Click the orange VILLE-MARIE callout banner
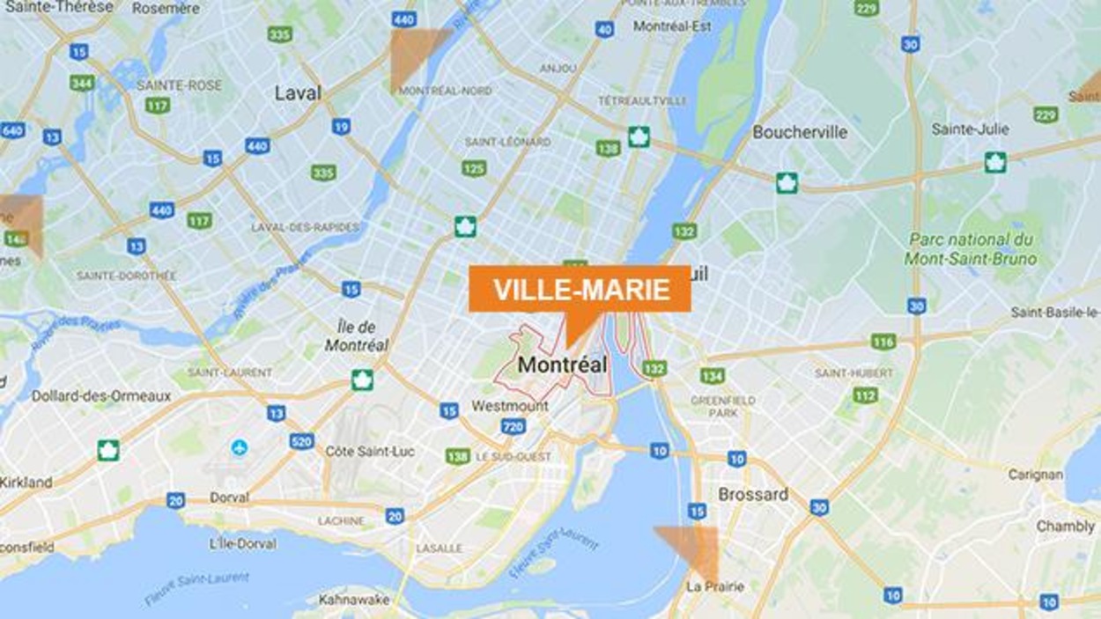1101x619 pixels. click(580, 289)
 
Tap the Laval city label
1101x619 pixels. click(298, 92)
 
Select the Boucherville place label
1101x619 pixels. click(800, 132)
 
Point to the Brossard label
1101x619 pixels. click(753, 494)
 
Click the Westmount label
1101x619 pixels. click(510, 406)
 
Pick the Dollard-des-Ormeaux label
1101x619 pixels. click(101, 396)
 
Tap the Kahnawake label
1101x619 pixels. click(354, 599)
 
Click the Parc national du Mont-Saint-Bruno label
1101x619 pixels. click(971, 249)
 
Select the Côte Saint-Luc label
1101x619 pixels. click(370, 451)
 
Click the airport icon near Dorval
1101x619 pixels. click(239, 447)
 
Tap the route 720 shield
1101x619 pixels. click(514, 427)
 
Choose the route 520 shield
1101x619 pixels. click(302, 441)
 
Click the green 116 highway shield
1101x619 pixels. click(883, 342)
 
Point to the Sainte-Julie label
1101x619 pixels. click(969, 129)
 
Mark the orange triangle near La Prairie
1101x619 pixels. click(691, 546)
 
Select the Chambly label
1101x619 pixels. click(1065, 526)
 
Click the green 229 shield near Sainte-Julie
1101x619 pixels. click(1046, 114)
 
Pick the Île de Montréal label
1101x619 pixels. click(357, 337)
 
